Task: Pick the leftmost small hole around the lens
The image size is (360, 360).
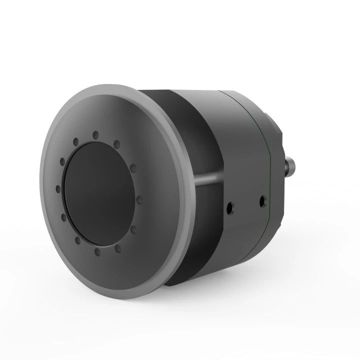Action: coord(58,188)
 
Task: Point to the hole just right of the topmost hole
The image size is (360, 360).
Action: coord(117,143)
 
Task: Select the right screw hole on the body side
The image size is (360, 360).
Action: coord(260,201)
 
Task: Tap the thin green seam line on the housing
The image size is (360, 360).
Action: coord(269,165)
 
